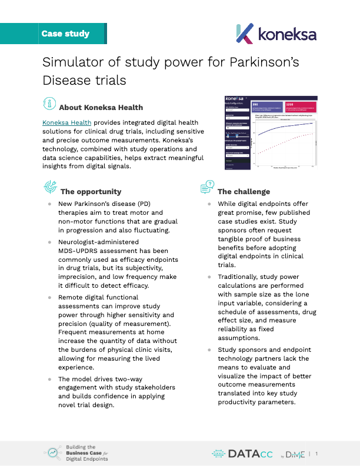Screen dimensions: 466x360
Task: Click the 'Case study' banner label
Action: pos(65,34)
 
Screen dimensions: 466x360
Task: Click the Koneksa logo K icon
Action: pos(244,33)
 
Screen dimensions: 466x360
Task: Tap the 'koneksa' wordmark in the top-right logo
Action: pos(286,34)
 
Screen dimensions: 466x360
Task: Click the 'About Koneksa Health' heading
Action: pos(101,107)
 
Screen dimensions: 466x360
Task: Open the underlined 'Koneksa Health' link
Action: pos(66,122)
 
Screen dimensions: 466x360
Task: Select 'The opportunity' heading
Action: pos(91,191)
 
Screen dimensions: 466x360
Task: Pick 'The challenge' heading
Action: pos(244,191)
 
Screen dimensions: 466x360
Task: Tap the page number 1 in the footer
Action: pos(316,453)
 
